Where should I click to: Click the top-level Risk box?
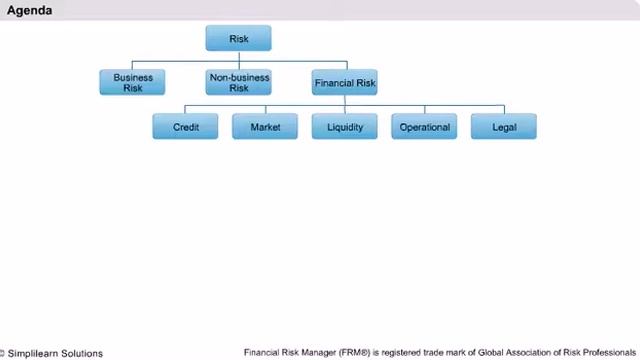point(238,38)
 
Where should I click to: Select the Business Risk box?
point(132,82)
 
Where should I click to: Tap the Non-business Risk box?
point(238,82)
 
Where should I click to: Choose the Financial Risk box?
point(345,82)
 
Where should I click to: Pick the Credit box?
point(185,127)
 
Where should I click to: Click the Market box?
point(265,127)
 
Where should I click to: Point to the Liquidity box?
point(345,127)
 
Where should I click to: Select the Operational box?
point(424,127)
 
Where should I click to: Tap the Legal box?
point(504,127)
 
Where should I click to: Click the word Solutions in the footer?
point(82,353)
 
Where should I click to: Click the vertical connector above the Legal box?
point(504,109)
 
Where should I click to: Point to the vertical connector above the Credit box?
point(185,109)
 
